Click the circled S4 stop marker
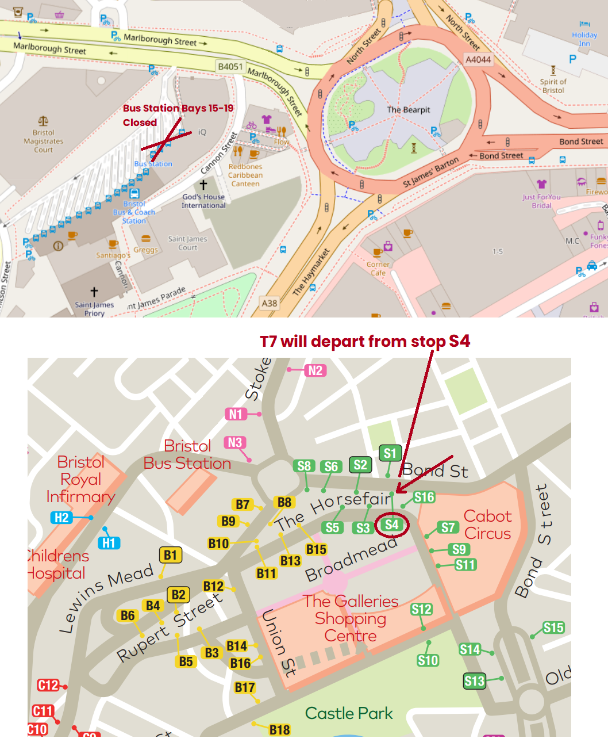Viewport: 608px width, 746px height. tap(391, 525)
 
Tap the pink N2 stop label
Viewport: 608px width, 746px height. tap(315, 370)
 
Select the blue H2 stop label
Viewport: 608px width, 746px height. tap(61, 518)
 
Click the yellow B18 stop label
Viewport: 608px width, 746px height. tap(279, 730)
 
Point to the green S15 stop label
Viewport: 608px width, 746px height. tap(553, 628)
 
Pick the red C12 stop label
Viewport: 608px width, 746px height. tap(48, 685)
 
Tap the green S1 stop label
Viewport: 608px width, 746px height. tap(390, 453)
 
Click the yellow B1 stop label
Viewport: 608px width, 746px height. tap(170, 555)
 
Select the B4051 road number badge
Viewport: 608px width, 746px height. tap(230, 67)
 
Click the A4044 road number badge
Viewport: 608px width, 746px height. tap(478, 60)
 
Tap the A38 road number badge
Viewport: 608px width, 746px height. tap(269, 303)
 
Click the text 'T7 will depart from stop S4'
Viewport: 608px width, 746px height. tap(365, 341)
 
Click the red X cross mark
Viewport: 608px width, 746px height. tap(167, 139)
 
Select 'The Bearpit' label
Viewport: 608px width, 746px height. tap(408, 110)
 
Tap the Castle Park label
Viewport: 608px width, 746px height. tap(349, 713)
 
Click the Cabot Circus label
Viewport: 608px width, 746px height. tap(487, 525)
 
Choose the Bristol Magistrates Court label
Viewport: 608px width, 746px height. tap(44, 141)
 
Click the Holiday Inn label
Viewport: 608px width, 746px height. tap(584, 39)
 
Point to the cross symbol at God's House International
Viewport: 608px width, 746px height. tap(203, 185)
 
